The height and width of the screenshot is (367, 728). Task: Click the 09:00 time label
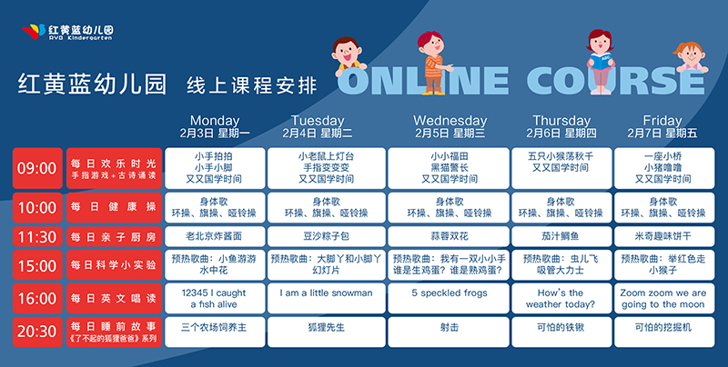pos(37,168)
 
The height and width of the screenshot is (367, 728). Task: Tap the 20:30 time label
pos(37,332)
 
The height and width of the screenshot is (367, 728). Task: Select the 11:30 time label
pos(37,237)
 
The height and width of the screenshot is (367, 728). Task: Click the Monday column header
pos(215,126)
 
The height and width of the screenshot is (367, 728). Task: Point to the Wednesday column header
pos(450,126)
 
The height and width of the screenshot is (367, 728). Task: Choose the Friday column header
pos(662,126)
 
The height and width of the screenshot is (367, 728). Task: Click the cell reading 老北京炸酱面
pos(215,236)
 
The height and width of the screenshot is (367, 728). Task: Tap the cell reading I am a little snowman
pos(327,298)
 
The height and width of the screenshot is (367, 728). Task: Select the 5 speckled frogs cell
pos(450,298)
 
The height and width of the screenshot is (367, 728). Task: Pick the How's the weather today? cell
pos(561,298)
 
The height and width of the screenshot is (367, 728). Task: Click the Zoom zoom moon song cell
pos(664,298)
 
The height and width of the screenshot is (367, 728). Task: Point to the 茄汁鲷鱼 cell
pos(561,236)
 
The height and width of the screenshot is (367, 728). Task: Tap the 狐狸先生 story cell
pos(327,332)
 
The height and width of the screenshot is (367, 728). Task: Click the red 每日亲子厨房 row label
pos(115,237)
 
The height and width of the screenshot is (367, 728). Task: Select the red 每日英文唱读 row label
pos(115,298)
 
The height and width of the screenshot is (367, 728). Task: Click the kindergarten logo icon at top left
pos(34,32)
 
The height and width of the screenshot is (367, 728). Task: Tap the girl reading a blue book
pos(601,61)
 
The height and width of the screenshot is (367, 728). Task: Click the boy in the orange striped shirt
pos(434,63)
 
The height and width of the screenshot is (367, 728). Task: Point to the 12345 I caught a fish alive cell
pos(215,298)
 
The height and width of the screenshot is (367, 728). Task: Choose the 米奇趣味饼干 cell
pos(664,236)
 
